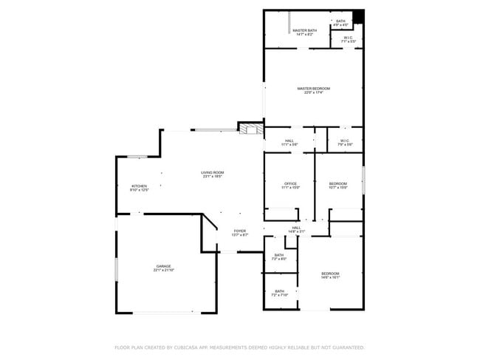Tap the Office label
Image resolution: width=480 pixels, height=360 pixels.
pos(290,185)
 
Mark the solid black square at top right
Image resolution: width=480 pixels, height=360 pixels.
pos(359,17)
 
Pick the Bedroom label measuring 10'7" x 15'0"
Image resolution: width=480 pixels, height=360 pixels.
pos(337,185)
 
